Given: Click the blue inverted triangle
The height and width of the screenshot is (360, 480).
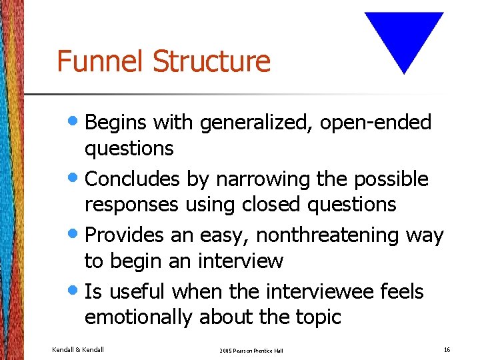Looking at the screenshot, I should (x=404, y=37).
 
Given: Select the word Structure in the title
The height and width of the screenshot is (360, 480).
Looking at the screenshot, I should (x=212, y=61).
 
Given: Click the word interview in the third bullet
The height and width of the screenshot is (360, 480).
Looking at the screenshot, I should (x=241, y=261).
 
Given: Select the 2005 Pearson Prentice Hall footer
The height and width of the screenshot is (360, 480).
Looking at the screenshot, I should (x=251, y=350).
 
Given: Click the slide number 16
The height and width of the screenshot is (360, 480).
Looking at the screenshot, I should (x=447, y=349).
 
